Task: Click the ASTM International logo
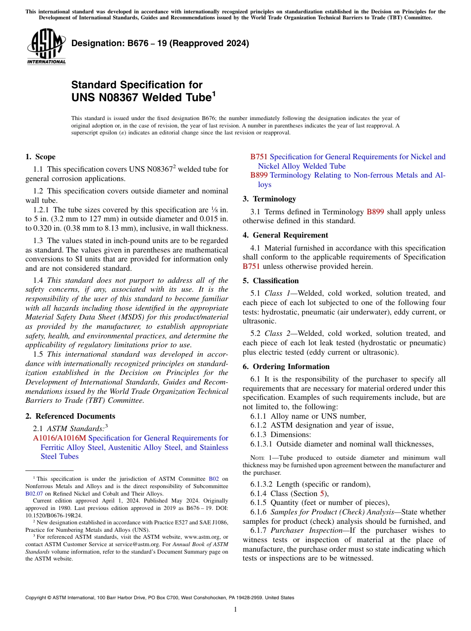pos(46,47)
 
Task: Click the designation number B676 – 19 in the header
pos(160,44)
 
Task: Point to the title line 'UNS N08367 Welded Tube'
pos(142,98)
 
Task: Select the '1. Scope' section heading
pos(40,157)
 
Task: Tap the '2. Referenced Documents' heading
pos(70,416)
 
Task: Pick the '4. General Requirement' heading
pos(285,235)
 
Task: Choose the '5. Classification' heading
pos(271,281)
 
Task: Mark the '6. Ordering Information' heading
pos(286,367)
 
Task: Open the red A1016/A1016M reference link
pos(59,438)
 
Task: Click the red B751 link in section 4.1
pos(251,266)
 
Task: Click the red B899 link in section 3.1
pos(375,212)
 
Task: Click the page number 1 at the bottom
pos(235,610)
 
